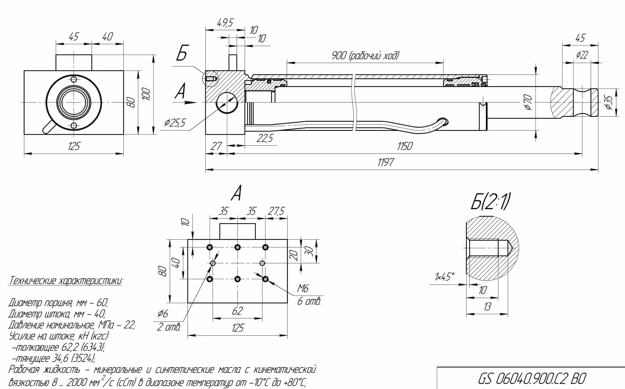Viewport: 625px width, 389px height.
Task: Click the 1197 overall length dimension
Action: tap(386, 162)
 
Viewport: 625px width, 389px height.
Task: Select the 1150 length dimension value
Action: tap(405, 146)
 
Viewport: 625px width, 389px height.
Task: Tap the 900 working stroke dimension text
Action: tap(365, 56)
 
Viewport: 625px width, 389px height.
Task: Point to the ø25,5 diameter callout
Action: tap(175, 123)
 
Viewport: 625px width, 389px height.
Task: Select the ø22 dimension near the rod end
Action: tap(582, 55)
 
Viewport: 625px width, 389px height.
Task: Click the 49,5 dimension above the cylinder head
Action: tap(225, 23)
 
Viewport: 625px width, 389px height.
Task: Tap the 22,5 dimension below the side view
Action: tap(265, 139)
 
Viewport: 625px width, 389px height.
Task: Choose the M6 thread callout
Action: tap(303, 288)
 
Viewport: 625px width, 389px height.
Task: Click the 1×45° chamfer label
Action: tap(444, 277)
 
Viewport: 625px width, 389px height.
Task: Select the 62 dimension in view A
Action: tap(237, 311)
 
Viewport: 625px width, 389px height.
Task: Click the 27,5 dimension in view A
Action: tap(276, 211)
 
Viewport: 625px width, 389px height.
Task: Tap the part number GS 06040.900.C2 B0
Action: tap(532, 379)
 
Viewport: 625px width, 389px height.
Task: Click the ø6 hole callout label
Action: tap(163, 314)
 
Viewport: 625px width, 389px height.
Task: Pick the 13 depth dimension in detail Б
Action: tap(487, 307)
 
